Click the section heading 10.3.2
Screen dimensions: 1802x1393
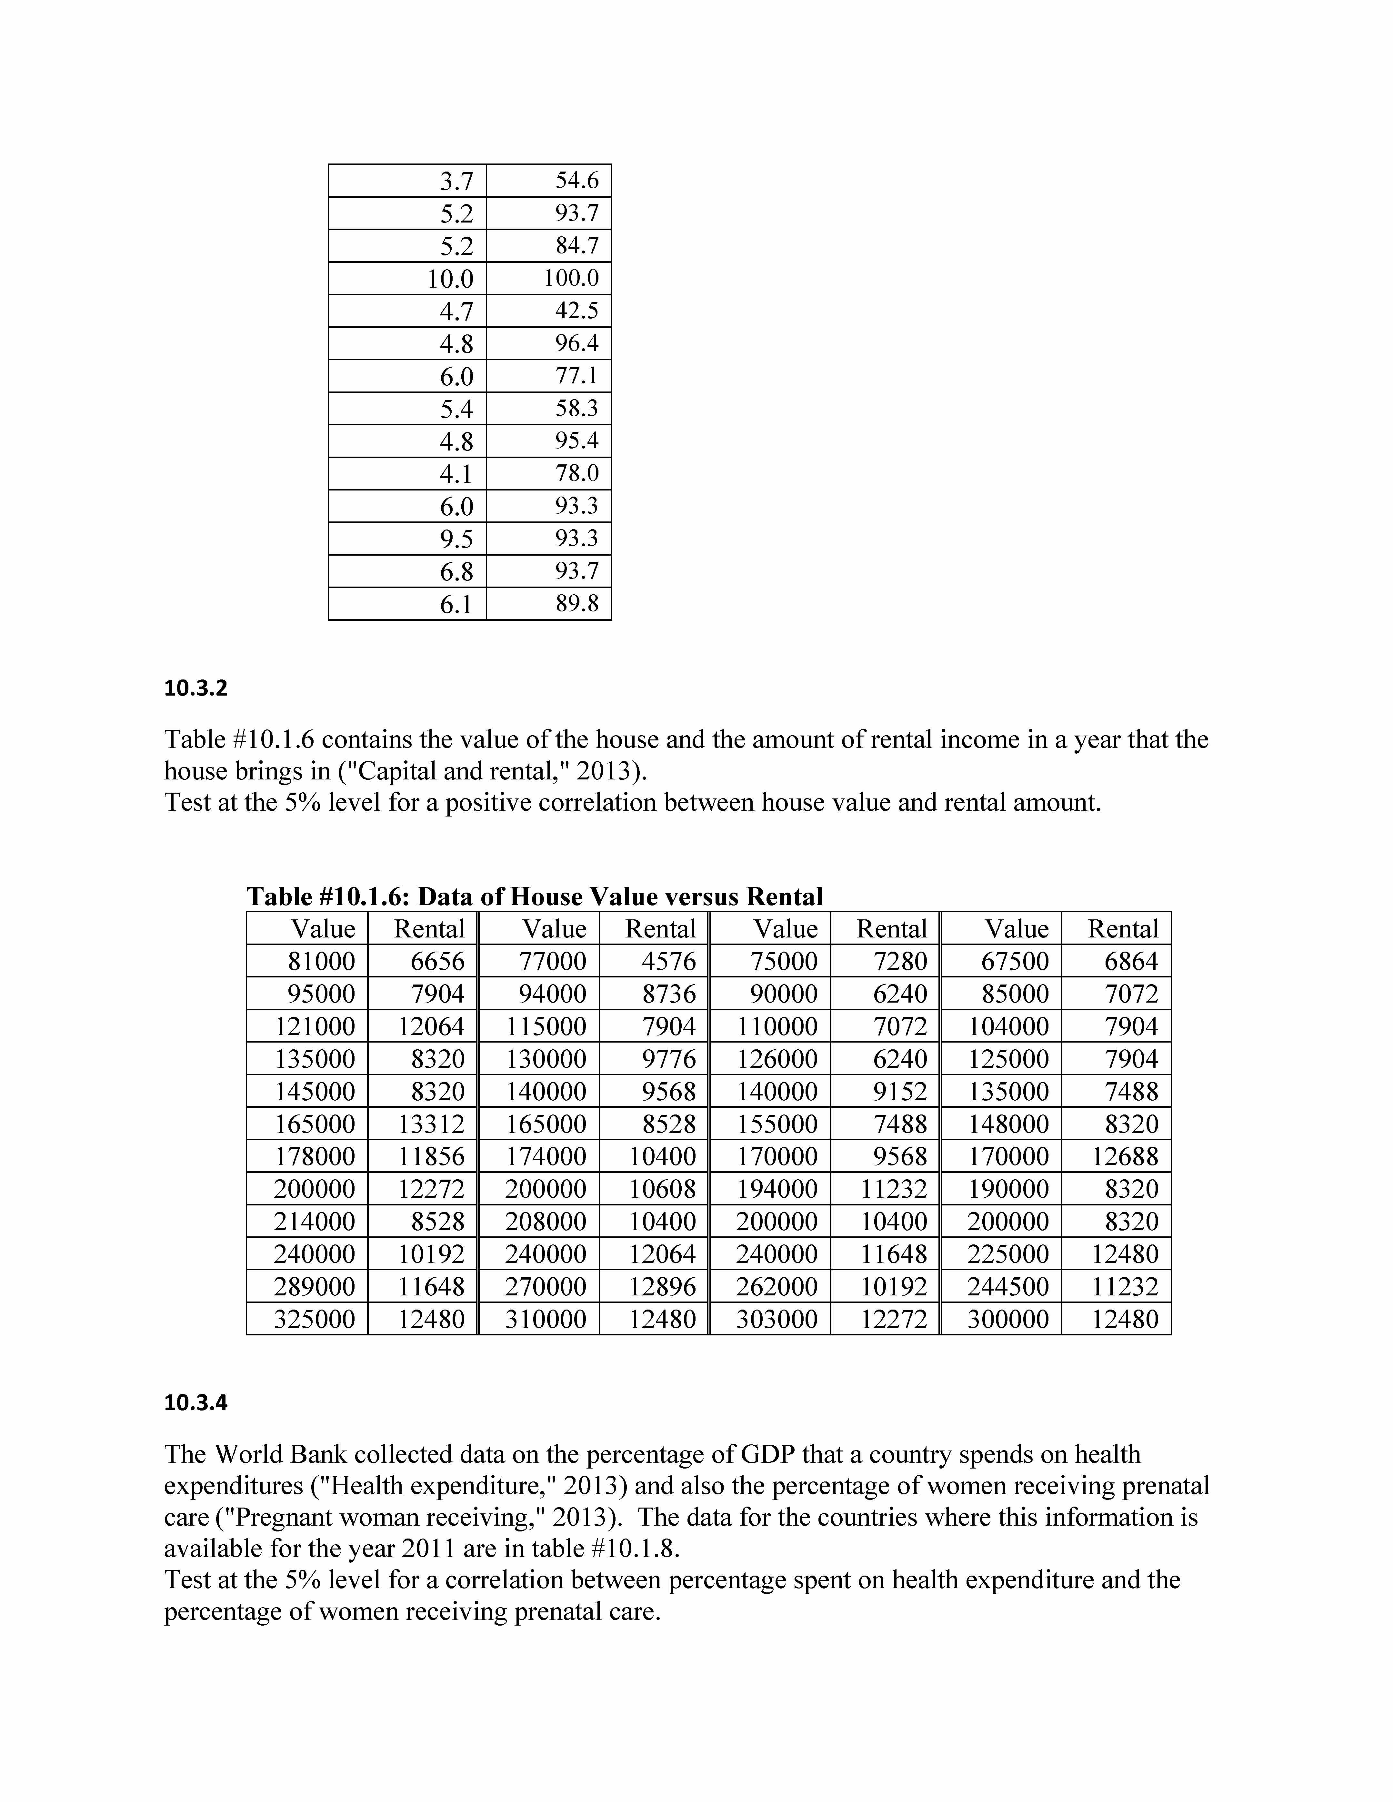195,688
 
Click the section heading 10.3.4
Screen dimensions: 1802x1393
195,1403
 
